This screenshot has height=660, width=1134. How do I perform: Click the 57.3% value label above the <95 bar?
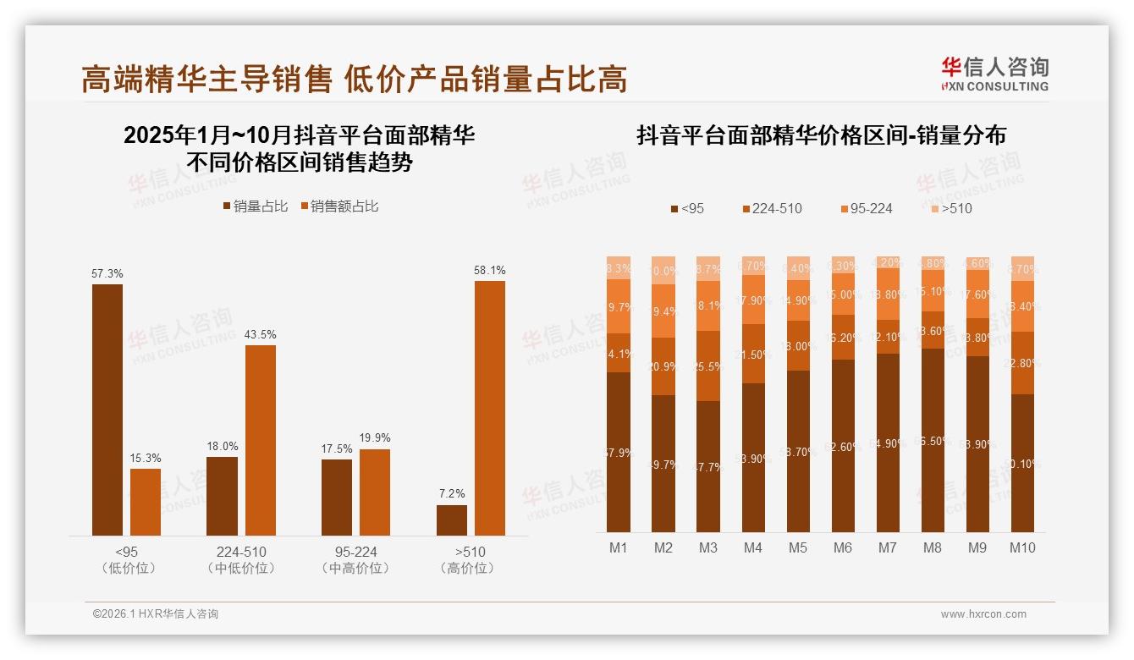(107, 273)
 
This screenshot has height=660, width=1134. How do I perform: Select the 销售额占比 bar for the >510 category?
(489, 408)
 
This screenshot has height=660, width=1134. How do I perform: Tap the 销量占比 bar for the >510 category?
(452, 520)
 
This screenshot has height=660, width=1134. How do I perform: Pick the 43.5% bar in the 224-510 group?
(261, 440)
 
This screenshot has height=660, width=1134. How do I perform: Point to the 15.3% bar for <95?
(146, 502)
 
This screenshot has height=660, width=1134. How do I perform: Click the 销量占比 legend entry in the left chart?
(256, 206)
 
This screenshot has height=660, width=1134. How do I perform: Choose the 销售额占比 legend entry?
(339, 206)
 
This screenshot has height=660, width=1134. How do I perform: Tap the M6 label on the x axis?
(842, 547)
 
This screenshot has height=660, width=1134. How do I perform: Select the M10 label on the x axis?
(1022, 547)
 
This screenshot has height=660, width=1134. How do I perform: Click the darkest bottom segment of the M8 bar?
(933, 440)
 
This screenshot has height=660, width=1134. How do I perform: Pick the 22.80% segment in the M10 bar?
(1022, 363)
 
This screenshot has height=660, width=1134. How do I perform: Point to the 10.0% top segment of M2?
(663, 270)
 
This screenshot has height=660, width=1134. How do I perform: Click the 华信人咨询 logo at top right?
(994, 74)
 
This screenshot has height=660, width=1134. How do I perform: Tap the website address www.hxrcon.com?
(983, 614)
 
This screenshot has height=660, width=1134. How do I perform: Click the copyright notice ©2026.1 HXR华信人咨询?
(156, 614)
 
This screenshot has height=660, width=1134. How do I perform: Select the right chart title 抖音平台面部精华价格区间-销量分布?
(821, 135)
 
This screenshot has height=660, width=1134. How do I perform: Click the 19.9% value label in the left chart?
(375, 437)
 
